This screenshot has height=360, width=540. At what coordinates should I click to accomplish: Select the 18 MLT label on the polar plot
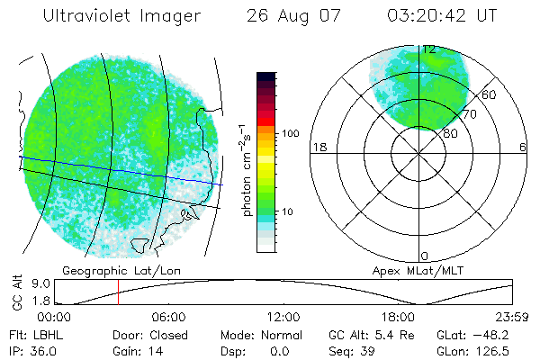point(317,147)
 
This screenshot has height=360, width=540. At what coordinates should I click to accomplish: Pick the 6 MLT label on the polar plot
point(523,147)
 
